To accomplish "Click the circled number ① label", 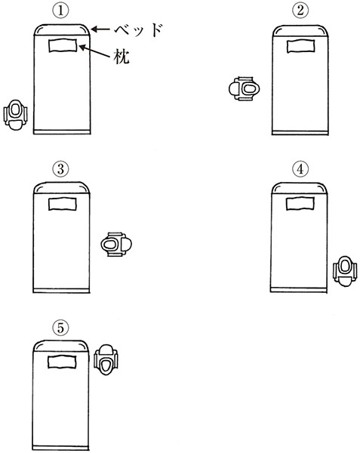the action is [60, 11].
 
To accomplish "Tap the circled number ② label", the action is [300, 11].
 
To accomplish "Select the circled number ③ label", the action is [60, 169].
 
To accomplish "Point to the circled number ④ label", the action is [300, 169].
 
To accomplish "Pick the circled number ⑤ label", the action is [60, 328].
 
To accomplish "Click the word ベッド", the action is [139, 29].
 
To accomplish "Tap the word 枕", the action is [122, 57].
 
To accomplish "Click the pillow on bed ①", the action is [63, 45].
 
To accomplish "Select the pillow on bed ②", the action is [300, 47].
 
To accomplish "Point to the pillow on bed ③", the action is [63, 204].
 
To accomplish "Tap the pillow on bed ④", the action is [300, 203].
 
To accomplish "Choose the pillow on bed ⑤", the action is [62, 362].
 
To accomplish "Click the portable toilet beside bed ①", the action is [16, 115].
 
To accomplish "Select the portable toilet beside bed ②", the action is [244, 88].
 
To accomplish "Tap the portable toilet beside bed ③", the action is [116, 245].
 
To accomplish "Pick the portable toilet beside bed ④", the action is [345, 271].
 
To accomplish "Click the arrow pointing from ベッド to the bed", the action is [100, 29].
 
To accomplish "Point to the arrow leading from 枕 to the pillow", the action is [94, 51].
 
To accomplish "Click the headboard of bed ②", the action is [300, 31].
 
